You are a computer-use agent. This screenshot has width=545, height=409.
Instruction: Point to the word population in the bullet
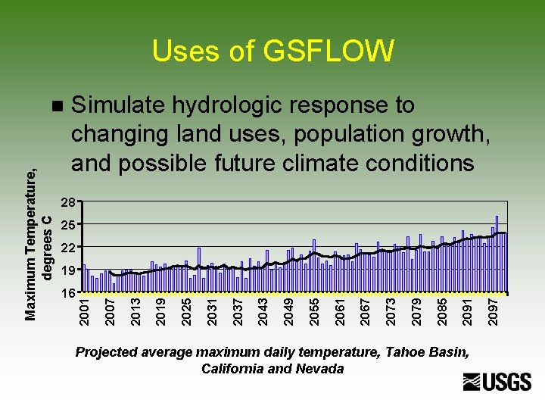(344, 133)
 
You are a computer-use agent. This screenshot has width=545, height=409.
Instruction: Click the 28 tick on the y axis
(67, 203)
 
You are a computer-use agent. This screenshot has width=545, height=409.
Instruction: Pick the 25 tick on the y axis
(67, 226)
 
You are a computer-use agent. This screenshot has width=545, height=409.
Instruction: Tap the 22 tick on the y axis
(67, 248)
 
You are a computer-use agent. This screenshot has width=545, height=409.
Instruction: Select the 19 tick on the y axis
(67, 270)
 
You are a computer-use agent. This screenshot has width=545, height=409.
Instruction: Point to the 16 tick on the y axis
(67, 292)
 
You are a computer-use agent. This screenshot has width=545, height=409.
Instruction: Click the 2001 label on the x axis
(85, 313)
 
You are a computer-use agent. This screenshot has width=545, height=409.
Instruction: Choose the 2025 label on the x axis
(187, 313)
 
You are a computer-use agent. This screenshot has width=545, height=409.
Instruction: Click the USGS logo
(497, 382)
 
